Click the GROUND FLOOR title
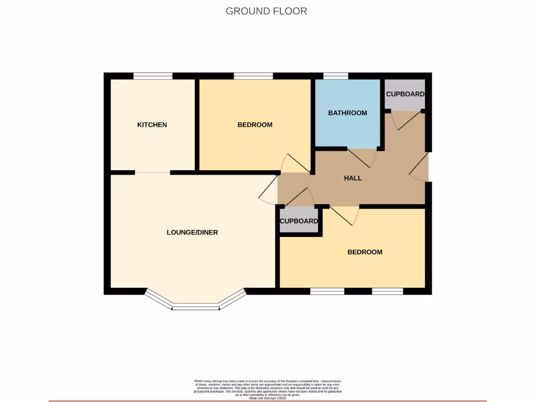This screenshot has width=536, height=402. tap(266, 11)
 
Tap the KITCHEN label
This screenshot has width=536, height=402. tap(152, 125)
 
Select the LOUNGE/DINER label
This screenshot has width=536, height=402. tap(192, 232)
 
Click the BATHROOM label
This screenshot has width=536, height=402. tap(348, 113)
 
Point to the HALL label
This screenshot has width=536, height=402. tap(353, 178)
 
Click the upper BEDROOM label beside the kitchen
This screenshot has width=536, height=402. tap(255, 125)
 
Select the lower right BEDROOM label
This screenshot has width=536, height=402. tap(365, 252)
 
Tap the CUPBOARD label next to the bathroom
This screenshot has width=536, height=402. tap(405, 94)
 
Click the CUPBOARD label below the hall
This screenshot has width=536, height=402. tap(299, 221)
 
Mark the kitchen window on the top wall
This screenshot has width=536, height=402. tap(153, 76)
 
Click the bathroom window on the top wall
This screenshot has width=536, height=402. tap(336, 76)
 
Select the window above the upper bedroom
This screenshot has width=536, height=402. tap(253, 76)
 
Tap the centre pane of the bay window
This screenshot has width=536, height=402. tap(195, 308)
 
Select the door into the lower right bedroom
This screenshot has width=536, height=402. tap(345, 215)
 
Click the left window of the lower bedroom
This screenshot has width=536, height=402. tap(327, 291)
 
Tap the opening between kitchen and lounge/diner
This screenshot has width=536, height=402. tap(153, 172)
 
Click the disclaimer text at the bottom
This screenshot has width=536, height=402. tap(267, 388)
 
